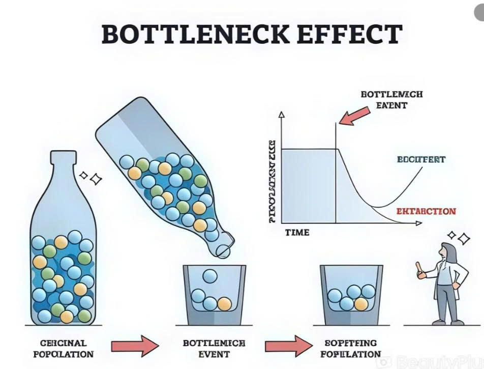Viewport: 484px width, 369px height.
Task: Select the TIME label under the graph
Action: tap(297, 233)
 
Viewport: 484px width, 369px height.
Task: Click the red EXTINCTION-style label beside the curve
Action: tap(426, 211)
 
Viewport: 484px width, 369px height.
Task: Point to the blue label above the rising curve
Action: tap(420, 160)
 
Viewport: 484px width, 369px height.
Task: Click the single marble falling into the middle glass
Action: tap(209, 276)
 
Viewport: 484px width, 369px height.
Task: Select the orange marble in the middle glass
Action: tap(224, 304)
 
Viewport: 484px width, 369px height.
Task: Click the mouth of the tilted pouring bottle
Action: tap(223, 249)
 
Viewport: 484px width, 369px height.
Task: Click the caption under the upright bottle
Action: tap(64, 349)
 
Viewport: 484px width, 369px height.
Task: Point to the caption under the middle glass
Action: tap(214, 349)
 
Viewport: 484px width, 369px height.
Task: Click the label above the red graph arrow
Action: tap(391, 100)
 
